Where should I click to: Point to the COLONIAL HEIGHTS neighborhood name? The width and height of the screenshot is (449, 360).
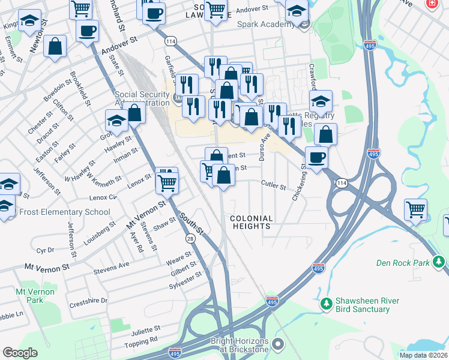pos(252,223)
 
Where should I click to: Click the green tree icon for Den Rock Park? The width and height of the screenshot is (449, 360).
pos(439,262)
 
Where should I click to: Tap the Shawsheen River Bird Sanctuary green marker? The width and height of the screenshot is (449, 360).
pos(326,304)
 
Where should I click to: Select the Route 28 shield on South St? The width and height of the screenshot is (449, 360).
pos(190,239)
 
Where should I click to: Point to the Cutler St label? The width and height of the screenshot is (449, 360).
pos(273,186)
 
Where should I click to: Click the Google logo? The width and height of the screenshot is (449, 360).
pos(20,353)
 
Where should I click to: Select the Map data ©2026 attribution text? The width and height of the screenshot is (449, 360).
pos(423,355)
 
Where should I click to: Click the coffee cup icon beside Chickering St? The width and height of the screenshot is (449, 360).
pos(316,158)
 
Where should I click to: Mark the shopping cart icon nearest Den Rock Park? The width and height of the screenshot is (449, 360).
pos(415,210)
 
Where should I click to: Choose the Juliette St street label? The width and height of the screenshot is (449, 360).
pos(143,329)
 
